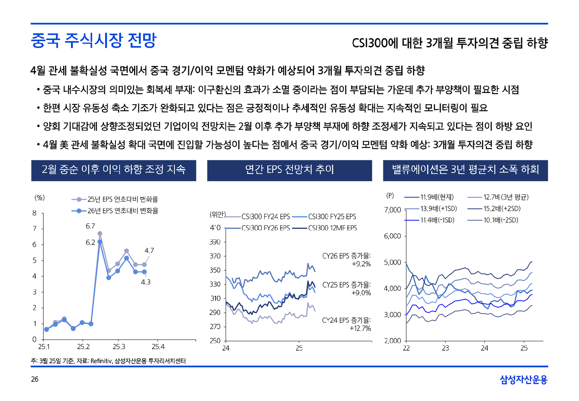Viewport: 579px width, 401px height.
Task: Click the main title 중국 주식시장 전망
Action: click(94, 40)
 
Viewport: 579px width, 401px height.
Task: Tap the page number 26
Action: click(35, 379)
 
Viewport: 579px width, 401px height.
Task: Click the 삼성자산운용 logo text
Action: click(524, 379)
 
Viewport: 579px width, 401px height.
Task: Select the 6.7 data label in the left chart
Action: click(90, 226)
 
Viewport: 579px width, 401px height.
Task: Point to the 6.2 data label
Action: click(90, 243)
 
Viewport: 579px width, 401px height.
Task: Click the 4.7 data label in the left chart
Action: click(149, 251)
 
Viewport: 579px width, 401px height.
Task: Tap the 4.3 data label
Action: click(146, 282)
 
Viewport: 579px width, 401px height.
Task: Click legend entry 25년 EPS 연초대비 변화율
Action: click(123, 199)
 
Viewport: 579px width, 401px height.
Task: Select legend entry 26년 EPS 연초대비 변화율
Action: click(123, 211)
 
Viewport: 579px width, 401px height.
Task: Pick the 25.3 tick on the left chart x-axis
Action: click(119, 347)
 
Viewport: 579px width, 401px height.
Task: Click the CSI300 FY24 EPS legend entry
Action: click(265, 217)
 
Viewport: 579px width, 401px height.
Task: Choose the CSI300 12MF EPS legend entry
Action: click(332, 228)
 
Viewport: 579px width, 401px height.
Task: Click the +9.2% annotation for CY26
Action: click(361, 264)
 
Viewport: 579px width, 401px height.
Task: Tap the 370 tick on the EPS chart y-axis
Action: click(215, 256)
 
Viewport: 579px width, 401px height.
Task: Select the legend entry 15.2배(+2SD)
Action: click(502, 209)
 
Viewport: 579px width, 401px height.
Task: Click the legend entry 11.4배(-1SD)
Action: click(437, 220)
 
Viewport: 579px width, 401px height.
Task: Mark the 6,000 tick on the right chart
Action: click(392, 236)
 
